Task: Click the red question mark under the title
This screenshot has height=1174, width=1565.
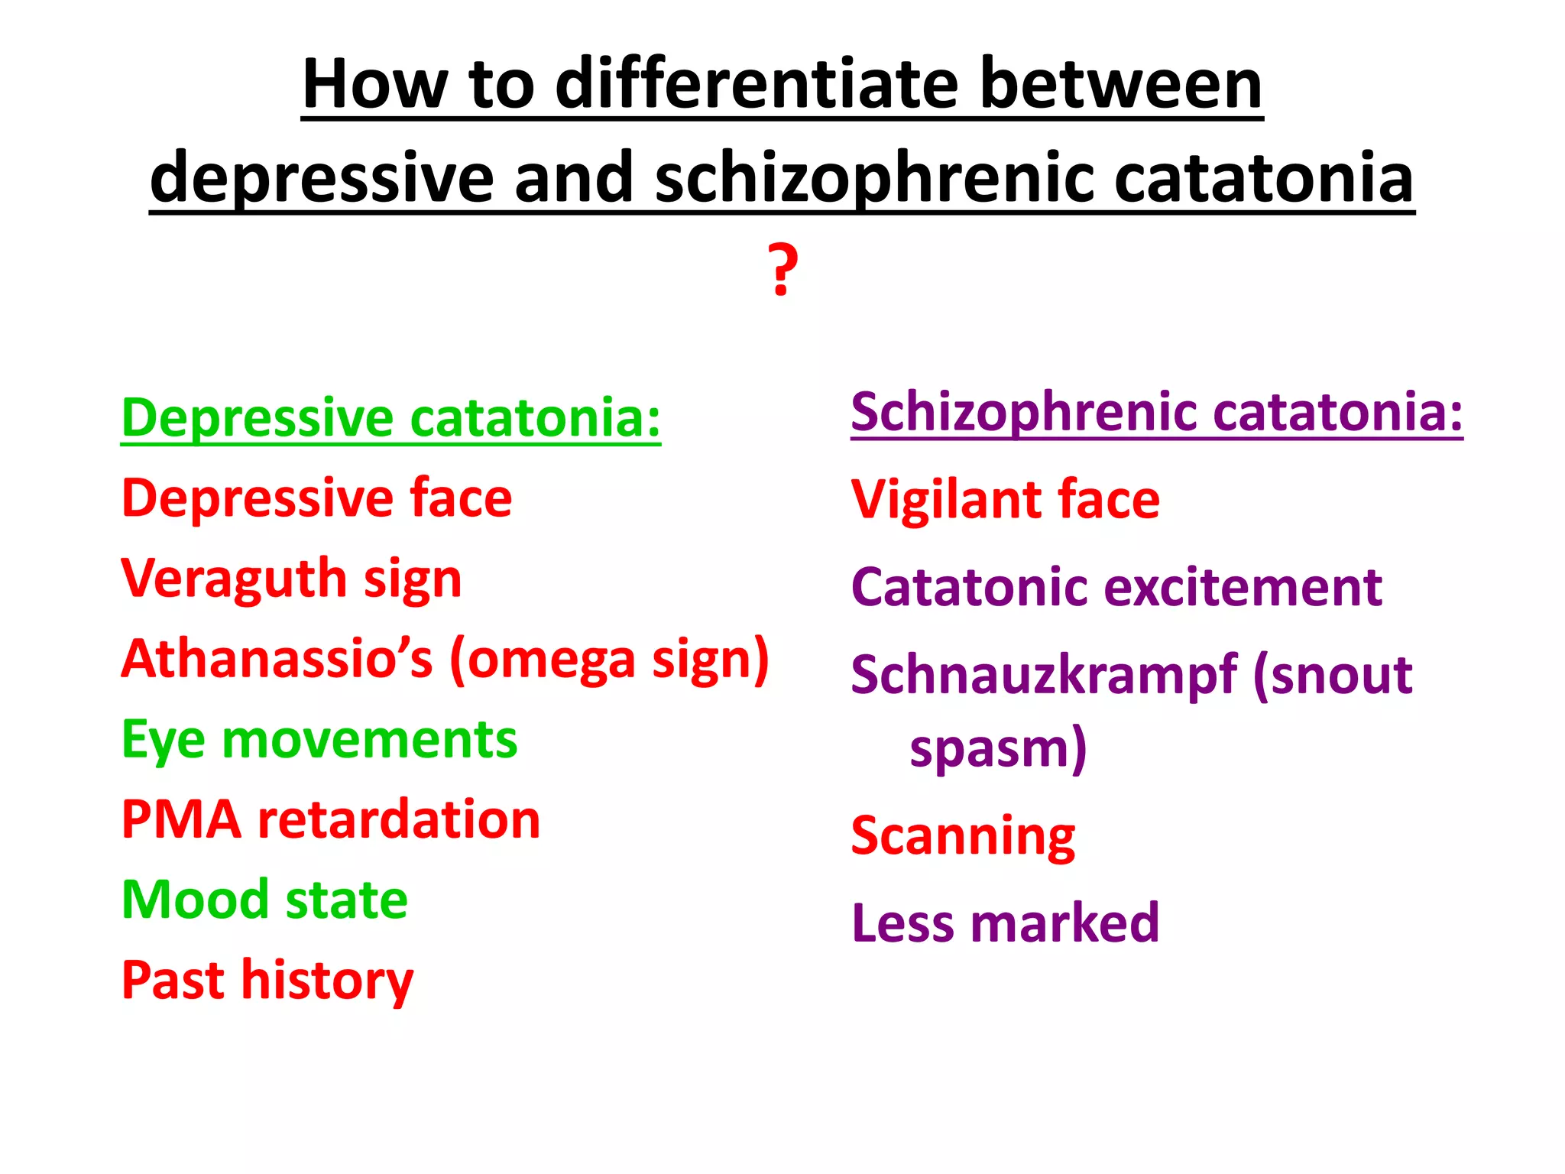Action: tap(782, 269)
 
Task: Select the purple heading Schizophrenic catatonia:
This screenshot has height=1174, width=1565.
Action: tap(1156, 412)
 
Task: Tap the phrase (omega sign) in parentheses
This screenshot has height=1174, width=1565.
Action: tap(609, 659)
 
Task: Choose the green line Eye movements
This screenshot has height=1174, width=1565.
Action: tap(319, 739)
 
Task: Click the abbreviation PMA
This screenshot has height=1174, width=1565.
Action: tap(182, 819)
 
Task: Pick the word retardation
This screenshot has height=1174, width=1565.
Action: tap(399, 819)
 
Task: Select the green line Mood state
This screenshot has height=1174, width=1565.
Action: tap(264, 900)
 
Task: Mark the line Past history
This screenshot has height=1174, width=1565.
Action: tap(267, 980)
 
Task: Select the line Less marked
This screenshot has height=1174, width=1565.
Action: tap(1005, 923)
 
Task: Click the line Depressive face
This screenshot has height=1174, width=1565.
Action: tap(316, 498)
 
